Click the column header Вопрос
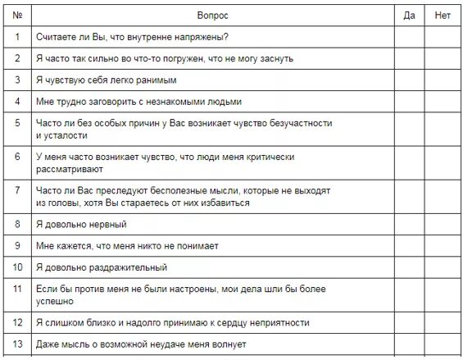213,16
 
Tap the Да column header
409,16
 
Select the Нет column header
443,16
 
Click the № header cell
17,16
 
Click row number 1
17,37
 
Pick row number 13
17,344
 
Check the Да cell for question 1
409,37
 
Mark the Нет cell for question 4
443,102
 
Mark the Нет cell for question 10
443,267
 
